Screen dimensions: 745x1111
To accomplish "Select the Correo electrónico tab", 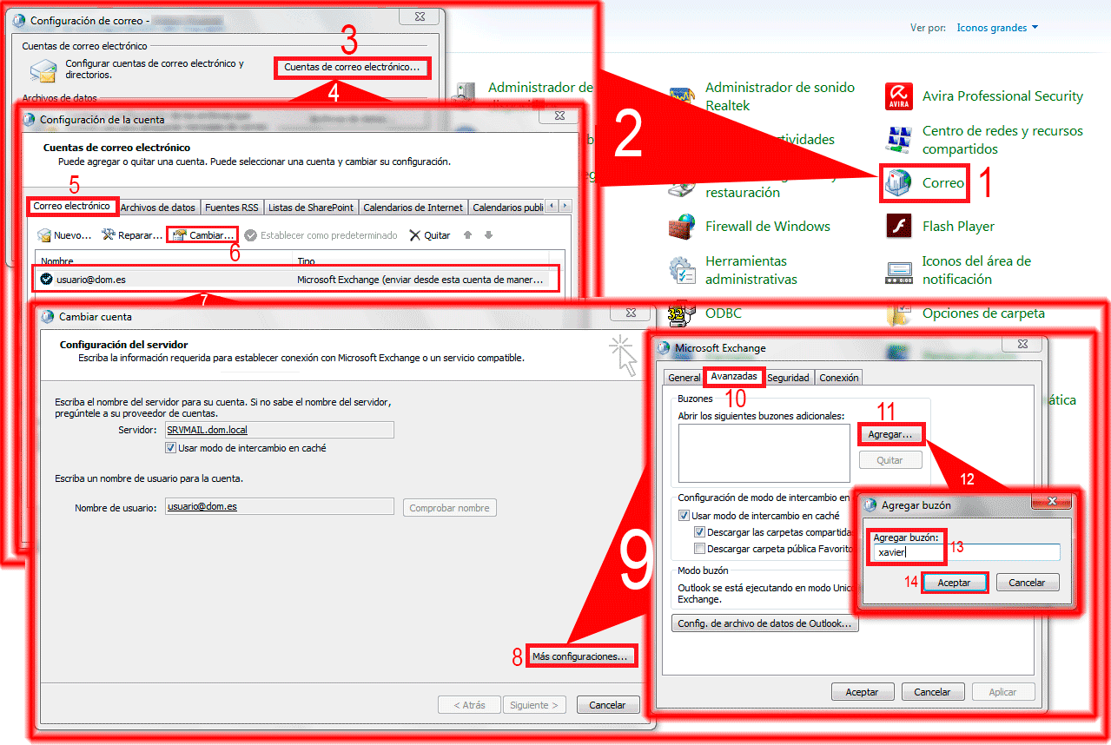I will [x=72, y=207].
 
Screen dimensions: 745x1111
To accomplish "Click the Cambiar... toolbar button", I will [x=202, y=235].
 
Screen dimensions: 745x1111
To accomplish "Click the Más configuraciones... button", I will [x=579, y=656].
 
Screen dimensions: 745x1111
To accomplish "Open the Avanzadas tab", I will [x=732, y=377].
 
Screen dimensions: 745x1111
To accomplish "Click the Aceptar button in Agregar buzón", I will [x=954, y=583].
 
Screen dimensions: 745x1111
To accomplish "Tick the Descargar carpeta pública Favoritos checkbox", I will [x=699, y=549].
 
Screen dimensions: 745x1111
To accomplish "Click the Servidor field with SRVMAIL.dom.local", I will [x=278, y=430].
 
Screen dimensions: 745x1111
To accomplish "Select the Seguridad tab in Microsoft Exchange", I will [x=788, y=378].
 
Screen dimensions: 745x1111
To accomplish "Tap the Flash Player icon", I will [x=898, y=227].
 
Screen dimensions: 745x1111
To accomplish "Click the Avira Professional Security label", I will [x=1002, y=96].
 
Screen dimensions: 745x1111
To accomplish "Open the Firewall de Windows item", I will [x=768, y=227].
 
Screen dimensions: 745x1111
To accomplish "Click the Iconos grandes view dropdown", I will [x=997, y=28].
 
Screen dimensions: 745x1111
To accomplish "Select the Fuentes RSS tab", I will [x=232, y=208].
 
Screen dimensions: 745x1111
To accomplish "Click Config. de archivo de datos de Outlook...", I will [x=764, y=623].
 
